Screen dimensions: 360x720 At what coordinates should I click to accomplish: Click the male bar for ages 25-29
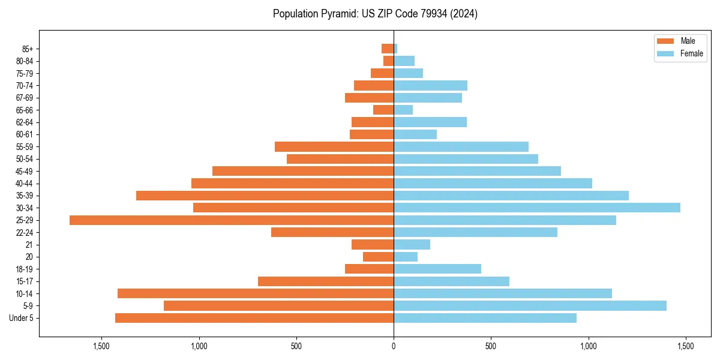[232, 220]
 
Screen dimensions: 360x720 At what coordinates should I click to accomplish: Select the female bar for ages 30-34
[537, 208]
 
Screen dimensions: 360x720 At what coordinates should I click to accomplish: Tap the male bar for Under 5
[254, 318]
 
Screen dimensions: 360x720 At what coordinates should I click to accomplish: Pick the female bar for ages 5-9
[530, 306]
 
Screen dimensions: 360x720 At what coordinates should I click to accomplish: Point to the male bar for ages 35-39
[265, 196]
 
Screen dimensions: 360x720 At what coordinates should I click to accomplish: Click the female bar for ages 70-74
[430, 85]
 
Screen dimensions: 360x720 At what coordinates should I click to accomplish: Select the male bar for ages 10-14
[256, 293]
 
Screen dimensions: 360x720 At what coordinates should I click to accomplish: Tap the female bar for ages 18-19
[437, 269]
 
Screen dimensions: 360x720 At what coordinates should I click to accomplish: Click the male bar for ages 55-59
[334, 146]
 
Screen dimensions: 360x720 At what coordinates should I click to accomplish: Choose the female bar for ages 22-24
[475, 232]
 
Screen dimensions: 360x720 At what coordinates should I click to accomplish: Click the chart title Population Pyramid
[375, 14]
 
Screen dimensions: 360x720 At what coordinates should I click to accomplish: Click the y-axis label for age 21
[29, 245]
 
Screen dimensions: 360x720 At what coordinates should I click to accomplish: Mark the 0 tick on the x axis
[394, 346]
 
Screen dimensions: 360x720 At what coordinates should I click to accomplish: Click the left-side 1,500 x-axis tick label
[101, 346]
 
